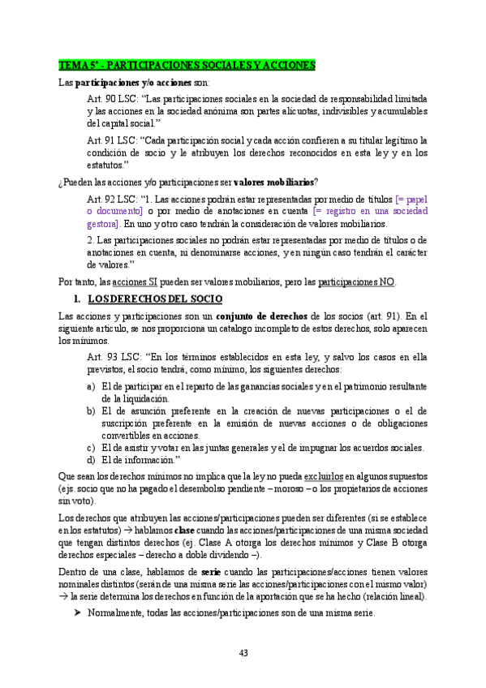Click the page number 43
243,653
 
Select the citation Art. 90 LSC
111,98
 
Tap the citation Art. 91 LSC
111,140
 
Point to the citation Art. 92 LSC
111,199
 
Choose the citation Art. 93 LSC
111,357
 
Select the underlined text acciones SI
135,282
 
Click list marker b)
92,411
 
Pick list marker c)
92,448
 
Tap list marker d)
92,461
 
